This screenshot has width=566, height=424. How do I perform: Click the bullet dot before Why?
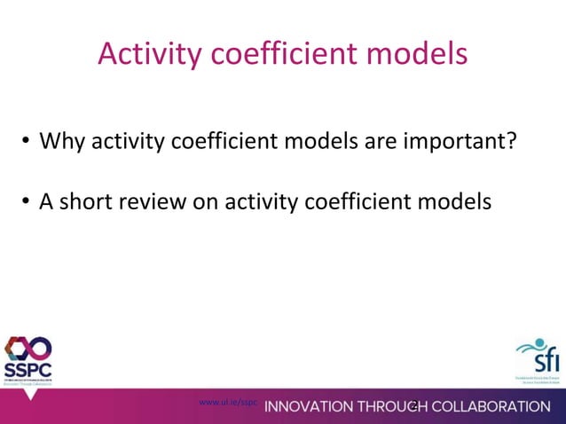tap(28, 142)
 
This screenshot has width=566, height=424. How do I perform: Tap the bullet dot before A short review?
tap(28, 203)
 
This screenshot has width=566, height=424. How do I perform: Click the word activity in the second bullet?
tap(261, 202)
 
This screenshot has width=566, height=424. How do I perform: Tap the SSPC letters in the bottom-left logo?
tap(28, 368)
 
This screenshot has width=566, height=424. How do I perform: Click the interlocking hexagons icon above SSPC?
tap(28, 348)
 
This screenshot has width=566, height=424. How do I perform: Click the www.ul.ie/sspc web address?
tap(228, 402)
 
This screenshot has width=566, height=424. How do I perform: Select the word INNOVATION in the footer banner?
tap(310, 407)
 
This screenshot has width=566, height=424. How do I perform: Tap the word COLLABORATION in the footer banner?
tap(489, 407)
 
